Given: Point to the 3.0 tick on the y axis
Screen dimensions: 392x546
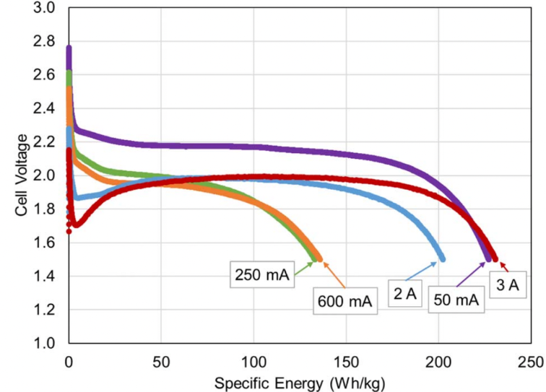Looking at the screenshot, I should click(x=45, y=9).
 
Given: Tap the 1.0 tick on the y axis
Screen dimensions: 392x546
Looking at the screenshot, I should click(x=45, y=343).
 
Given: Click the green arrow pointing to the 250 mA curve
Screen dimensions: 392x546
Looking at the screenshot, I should click(x=305, y=265).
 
